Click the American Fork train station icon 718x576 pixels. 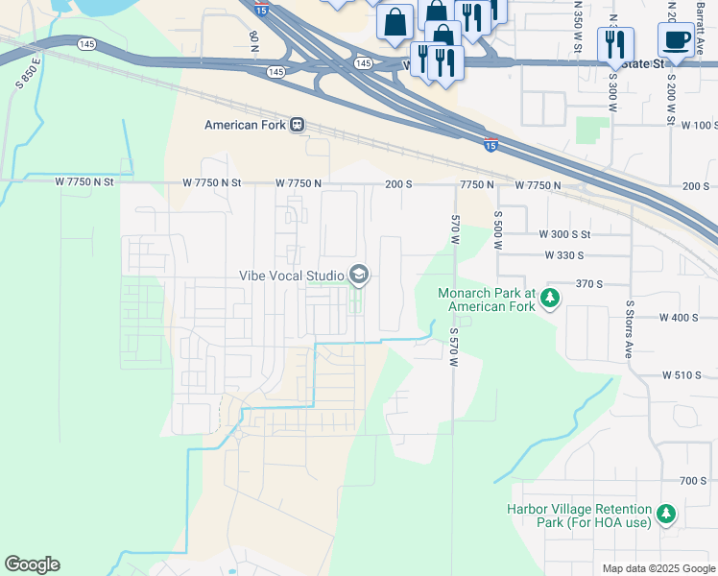[298, 125]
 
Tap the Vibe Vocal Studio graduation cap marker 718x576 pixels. [359, 276]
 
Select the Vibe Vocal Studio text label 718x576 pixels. [291, 276]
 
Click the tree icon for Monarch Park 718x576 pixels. [550, 299]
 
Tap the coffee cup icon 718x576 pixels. [676, 40]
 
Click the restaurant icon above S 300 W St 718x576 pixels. [615, 44]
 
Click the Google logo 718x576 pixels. [32, 564]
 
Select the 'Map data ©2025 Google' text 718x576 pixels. [658, 568]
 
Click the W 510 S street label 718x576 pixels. [683, 375]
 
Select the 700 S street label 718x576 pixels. [692, 480]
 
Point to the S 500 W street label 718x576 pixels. [498, 230]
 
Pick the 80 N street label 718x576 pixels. [253, 40]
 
